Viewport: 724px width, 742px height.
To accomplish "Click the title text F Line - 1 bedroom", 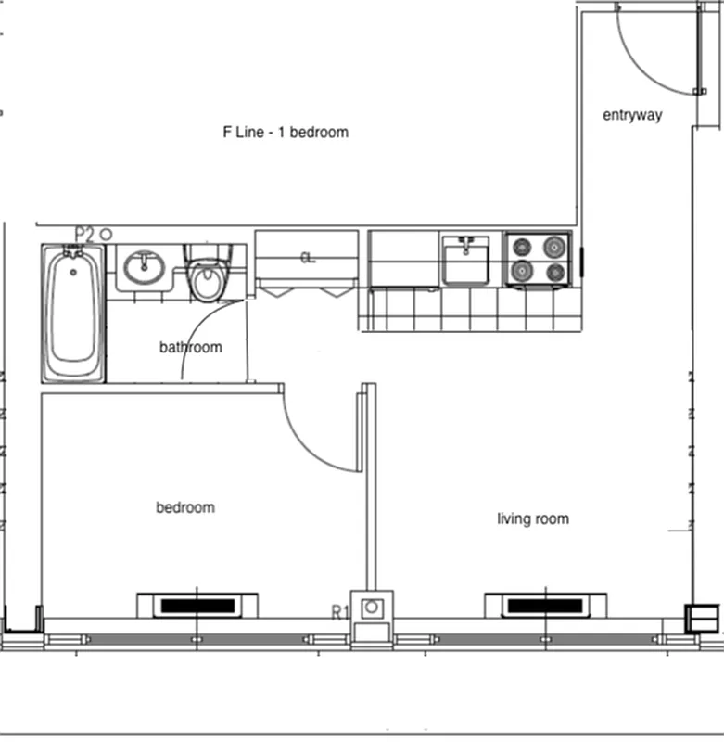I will (x=286, y=133).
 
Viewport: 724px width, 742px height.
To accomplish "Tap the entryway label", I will (x=632, y=115).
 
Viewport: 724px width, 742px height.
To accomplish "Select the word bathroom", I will (x=191, y=348).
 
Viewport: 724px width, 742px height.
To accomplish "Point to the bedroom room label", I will (x=185, y=507).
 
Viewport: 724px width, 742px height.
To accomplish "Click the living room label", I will (x=533, y=518).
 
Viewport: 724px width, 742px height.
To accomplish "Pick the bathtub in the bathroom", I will (x=73, y=313).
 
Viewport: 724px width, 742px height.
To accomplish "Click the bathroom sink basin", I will (x=144, y=268).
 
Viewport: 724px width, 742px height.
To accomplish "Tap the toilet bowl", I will (x=207, y=282).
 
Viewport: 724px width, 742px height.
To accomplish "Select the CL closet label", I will (x=307, y=258).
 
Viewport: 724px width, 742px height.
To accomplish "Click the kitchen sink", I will (x=465, y=260).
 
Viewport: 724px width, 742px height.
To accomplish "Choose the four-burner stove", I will (x=538, y=259).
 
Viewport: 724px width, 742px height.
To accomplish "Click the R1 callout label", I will (x=339, y=612).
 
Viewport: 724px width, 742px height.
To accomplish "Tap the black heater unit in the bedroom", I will (x=197, y=606).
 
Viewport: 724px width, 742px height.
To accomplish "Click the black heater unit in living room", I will (x=546, y=606).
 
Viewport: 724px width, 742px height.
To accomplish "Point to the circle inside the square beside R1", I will (x=372, y=608).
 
